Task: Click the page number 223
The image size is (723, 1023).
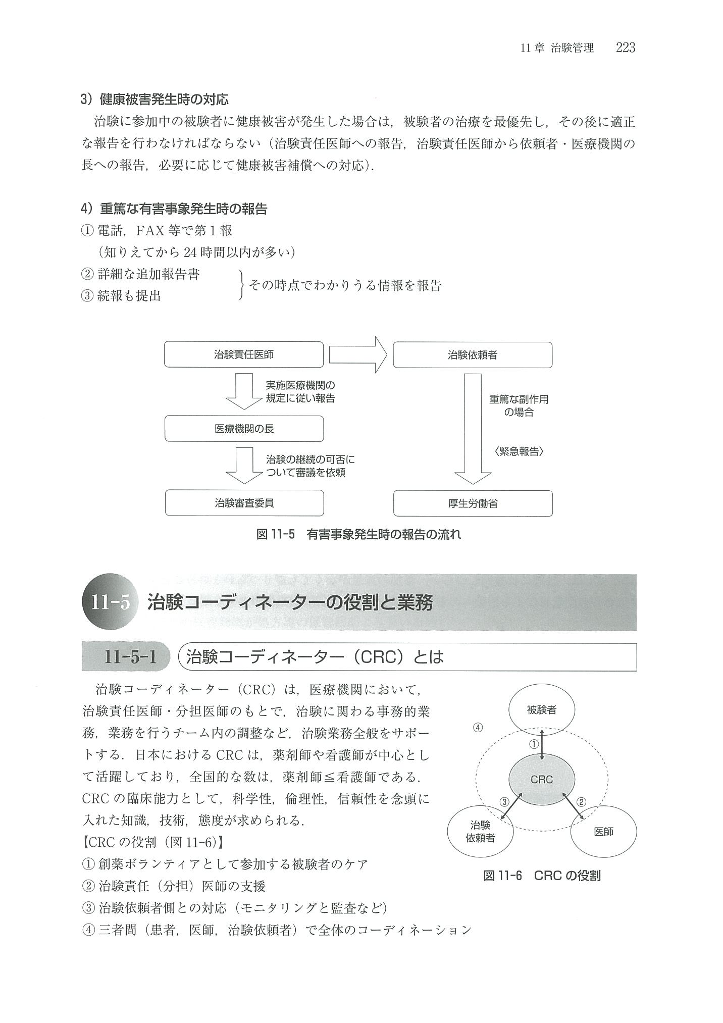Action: click(625, 48)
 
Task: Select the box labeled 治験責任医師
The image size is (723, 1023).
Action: click(243, 354)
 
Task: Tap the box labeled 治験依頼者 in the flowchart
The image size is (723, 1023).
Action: click(472, 355)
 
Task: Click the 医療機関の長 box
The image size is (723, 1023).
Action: click(244, 429)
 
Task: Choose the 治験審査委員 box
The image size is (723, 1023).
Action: click(244, 503)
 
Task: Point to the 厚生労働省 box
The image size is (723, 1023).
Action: click(473, 503)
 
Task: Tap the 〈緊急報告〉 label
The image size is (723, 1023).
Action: click(519, 451)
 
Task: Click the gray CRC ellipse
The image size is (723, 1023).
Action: click(541, 779)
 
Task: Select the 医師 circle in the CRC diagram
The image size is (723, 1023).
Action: click(603, 832)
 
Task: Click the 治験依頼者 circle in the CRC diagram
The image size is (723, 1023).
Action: click(480, 832)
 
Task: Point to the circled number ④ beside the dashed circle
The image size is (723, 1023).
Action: click(478, 728)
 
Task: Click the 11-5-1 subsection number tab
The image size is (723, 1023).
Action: click(130, 657)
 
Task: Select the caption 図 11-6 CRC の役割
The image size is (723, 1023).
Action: click(542, 876)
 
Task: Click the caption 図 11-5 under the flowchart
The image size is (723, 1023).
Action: click(358, 534)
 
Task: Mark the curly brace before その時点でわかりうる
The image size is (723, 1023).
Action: click(242, 285)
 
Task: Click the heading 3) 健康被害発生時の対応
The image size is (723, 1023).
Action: click(155, 99)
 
